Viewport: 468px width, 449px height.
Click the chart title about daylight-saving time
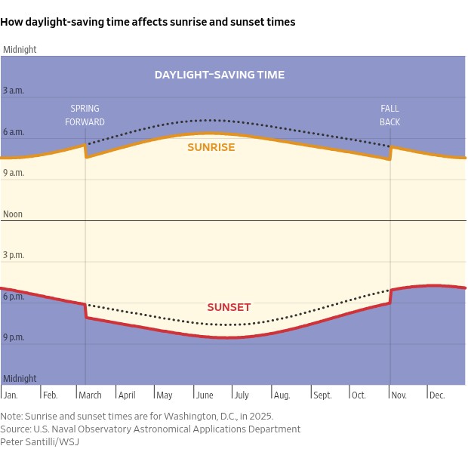[x=148, y=23]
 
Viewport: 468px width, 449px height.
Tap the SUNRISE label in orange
[x=211, y=147]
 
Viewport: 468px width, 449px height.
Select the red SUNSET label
[x=229, y=307]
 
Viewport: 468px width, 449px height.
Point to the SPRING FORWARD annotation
[x=85, y=115]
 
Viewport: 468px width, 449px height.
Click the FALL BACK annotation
[x=389, y=115]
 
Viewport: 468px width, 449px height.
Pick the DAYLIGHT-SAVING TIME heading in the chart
[x=220, y=75]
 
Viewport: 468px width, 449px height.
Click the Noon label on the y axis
[x=13, y=214]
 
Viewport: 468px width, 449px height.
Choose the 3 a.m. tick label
[x=14, y=91]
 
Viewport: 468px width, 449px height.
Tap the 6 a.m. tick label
[x=14, y=132]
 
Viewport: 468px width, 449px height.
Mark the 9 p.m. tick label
[x=14, y=337]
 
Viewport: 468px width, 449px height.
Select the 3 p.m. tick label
[x=14, y=255]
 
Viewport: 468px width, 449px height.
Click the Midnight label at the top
[x=20, y=50]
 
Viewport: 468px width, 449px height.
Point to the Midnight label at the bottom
[x=20, y=379]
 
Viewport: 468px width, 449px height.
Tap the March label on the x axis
[x=90, y=395]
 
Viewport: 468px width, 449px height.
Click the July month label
[x=241, y=395]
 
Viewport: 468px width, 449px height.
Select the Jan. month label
[x=11, y=395]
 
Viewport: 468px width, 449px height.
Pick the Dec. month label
[x=437, y=395]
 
